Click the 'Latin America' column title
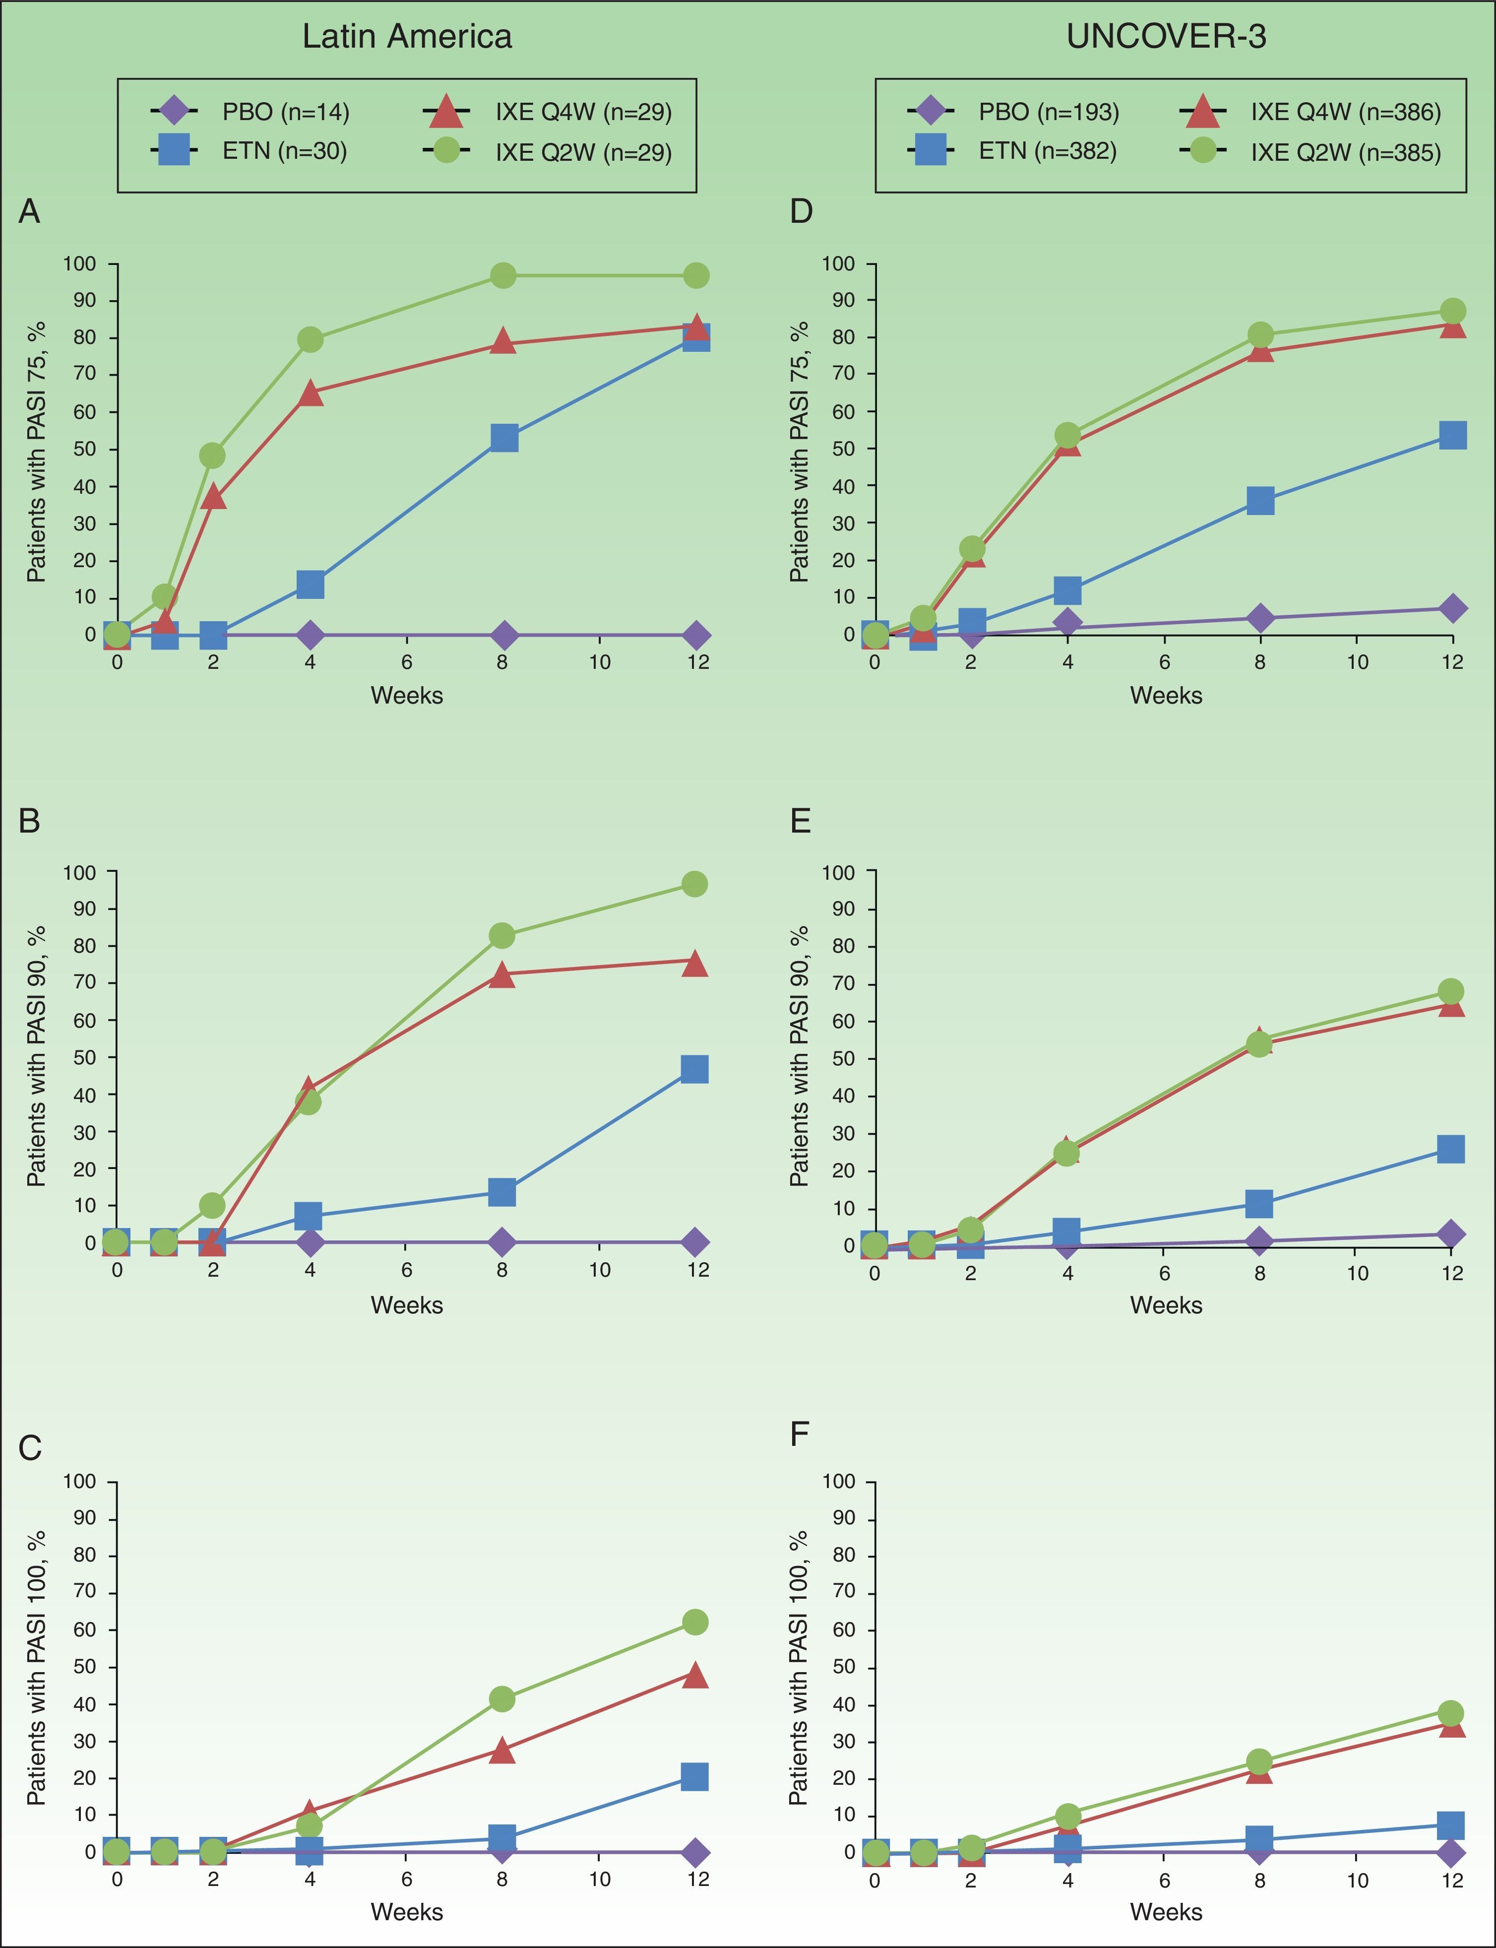click(407, 37)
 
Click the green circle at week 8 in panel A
click(503, 276)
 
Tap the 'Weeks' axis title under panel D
click(1166, 696)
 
